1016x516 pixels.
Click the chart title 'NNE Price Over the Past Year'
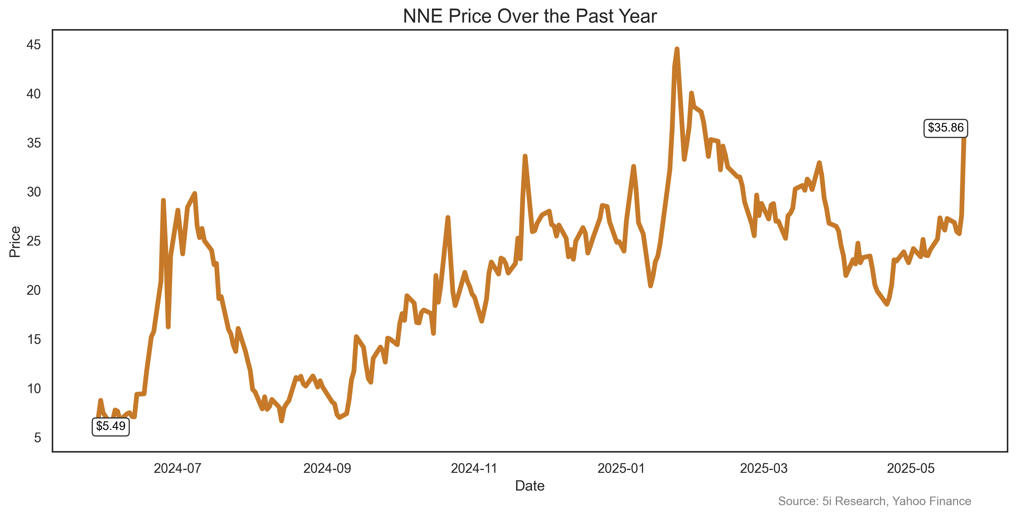pos(530,17)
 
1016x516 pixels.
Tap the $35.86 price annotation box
pos(945,128)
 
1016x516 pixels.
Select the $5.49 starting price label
pos(110,427)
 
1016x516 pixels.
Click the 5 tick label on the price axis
pos(37,438)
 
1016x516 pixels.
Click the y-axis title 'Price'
pos(15,242)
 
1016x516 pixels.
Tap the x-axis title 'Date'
pos(530,486)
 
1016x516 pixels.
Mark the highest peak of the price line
pos(677,49)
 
